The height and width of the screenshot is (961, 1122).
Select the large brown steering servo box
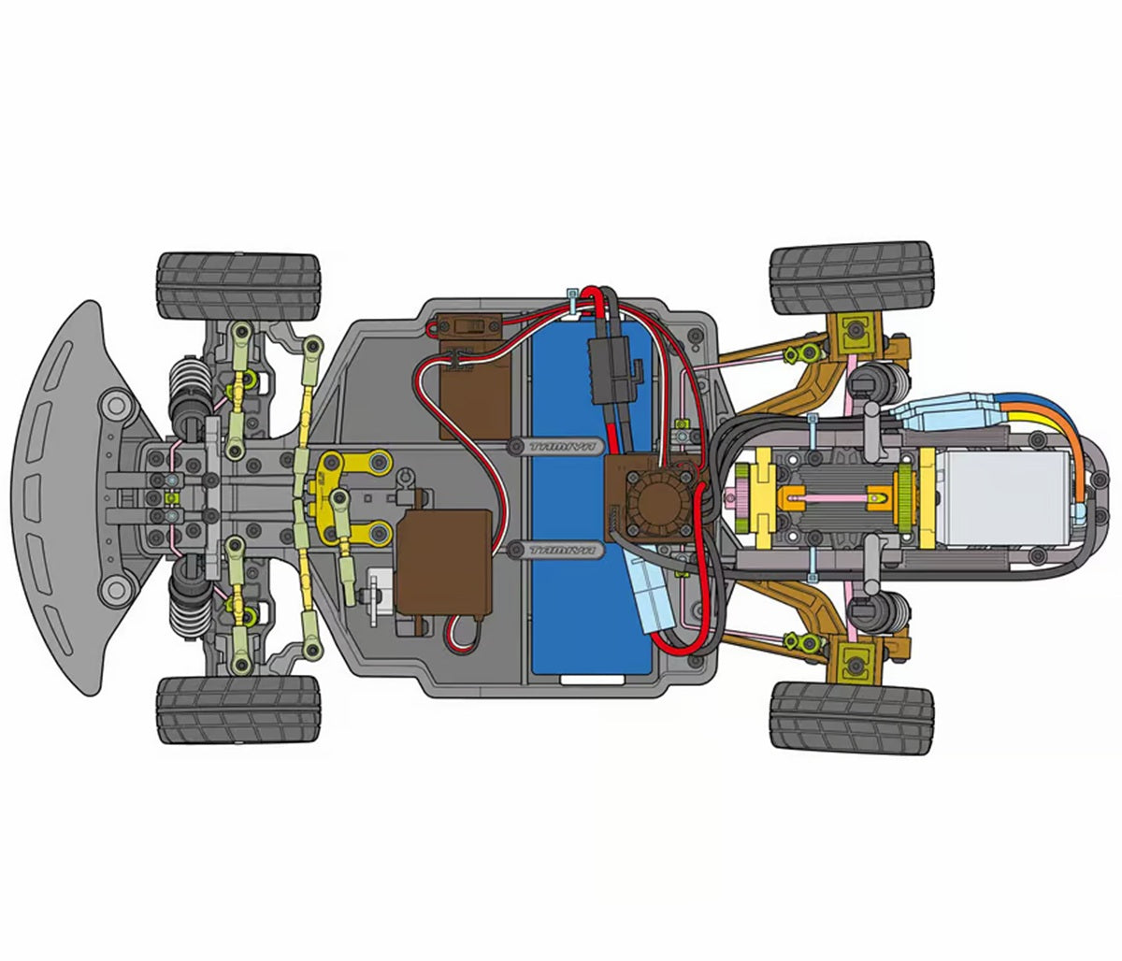(445, 559)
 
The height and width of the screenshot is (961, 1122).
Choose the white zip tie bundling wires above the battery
(570, 302)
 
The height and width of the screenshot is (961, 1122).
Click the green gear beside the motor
(907, 495)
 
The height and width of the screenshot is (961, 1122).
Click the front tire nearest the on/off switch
(238, 285)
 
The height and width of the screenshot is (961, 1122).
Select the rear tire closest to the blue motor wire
(851, 280)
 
